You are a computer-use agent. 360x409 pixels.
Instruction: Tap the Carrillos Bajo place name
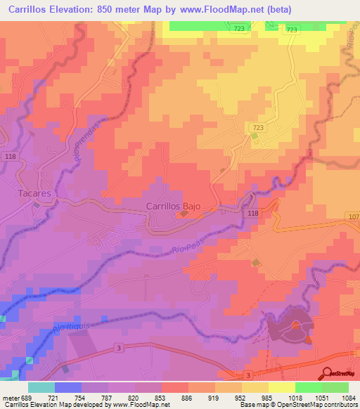173,206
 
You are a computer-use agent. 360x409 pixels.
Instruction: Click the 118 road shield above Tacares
10,156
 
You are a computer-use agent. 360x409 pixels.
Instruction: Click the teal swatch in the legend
41,387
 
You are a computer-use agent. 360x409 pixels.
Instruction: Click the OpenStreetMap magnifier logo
326,372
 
